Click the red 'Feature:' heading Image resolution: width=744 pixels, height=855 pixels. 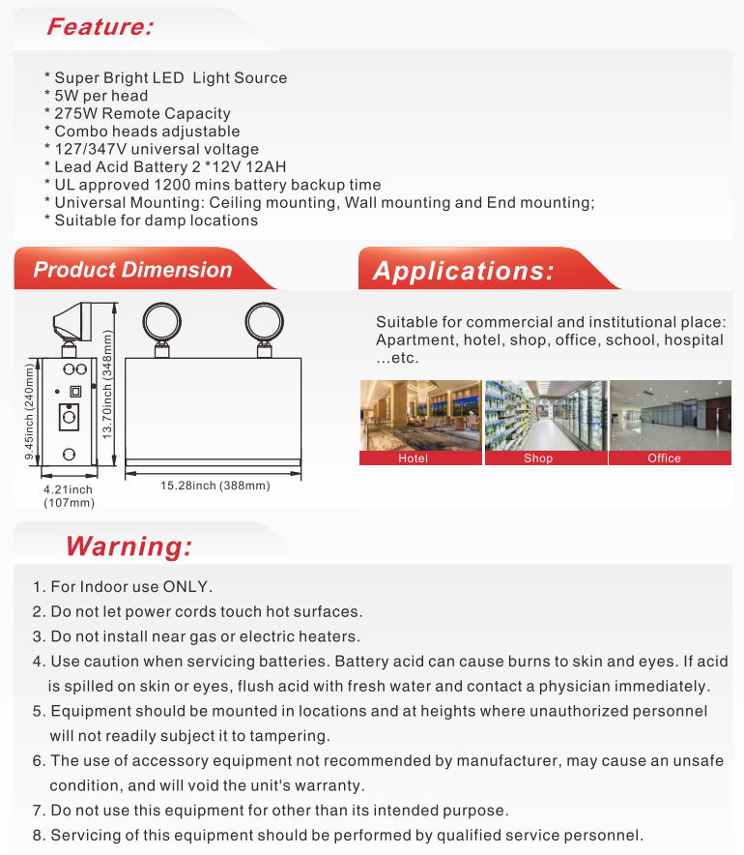100,26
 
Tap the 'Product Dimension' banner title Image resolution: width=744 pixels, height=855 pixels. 132,270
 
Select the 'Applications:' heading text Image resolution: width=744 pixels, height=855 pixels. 464,271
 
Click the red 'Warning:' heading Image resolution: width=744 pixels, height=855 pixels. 129,545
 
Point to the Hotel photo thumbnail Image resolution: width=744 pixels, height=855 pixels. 420,415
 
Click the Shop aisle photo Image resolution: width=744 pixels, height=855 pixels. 546,415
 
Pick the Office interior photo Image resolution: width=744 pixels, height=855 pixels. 670,415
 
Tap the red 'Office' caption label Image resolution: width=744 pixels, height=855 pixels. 664,458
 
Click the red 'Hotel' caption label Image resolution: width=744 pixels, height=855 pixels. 413,458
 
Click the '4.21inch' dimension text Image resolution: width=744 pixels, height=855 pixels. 69,490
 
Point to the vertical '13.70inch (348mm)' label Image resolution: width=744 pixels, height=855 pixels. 109,382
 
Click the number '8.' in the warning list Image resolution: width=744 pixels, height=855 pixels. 39,836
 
